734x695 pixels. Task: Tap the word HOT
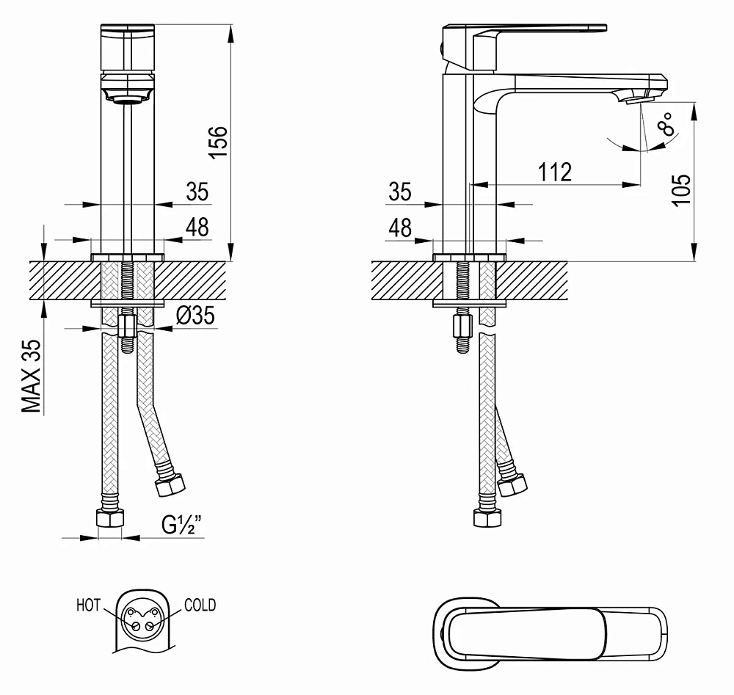88,605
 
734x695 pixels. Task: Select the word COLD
200,605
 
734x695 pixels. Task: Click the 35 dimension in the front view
197,192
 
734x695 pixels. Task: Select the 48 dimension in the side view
400,228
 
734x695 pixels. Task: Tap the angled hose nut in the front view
172,485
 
